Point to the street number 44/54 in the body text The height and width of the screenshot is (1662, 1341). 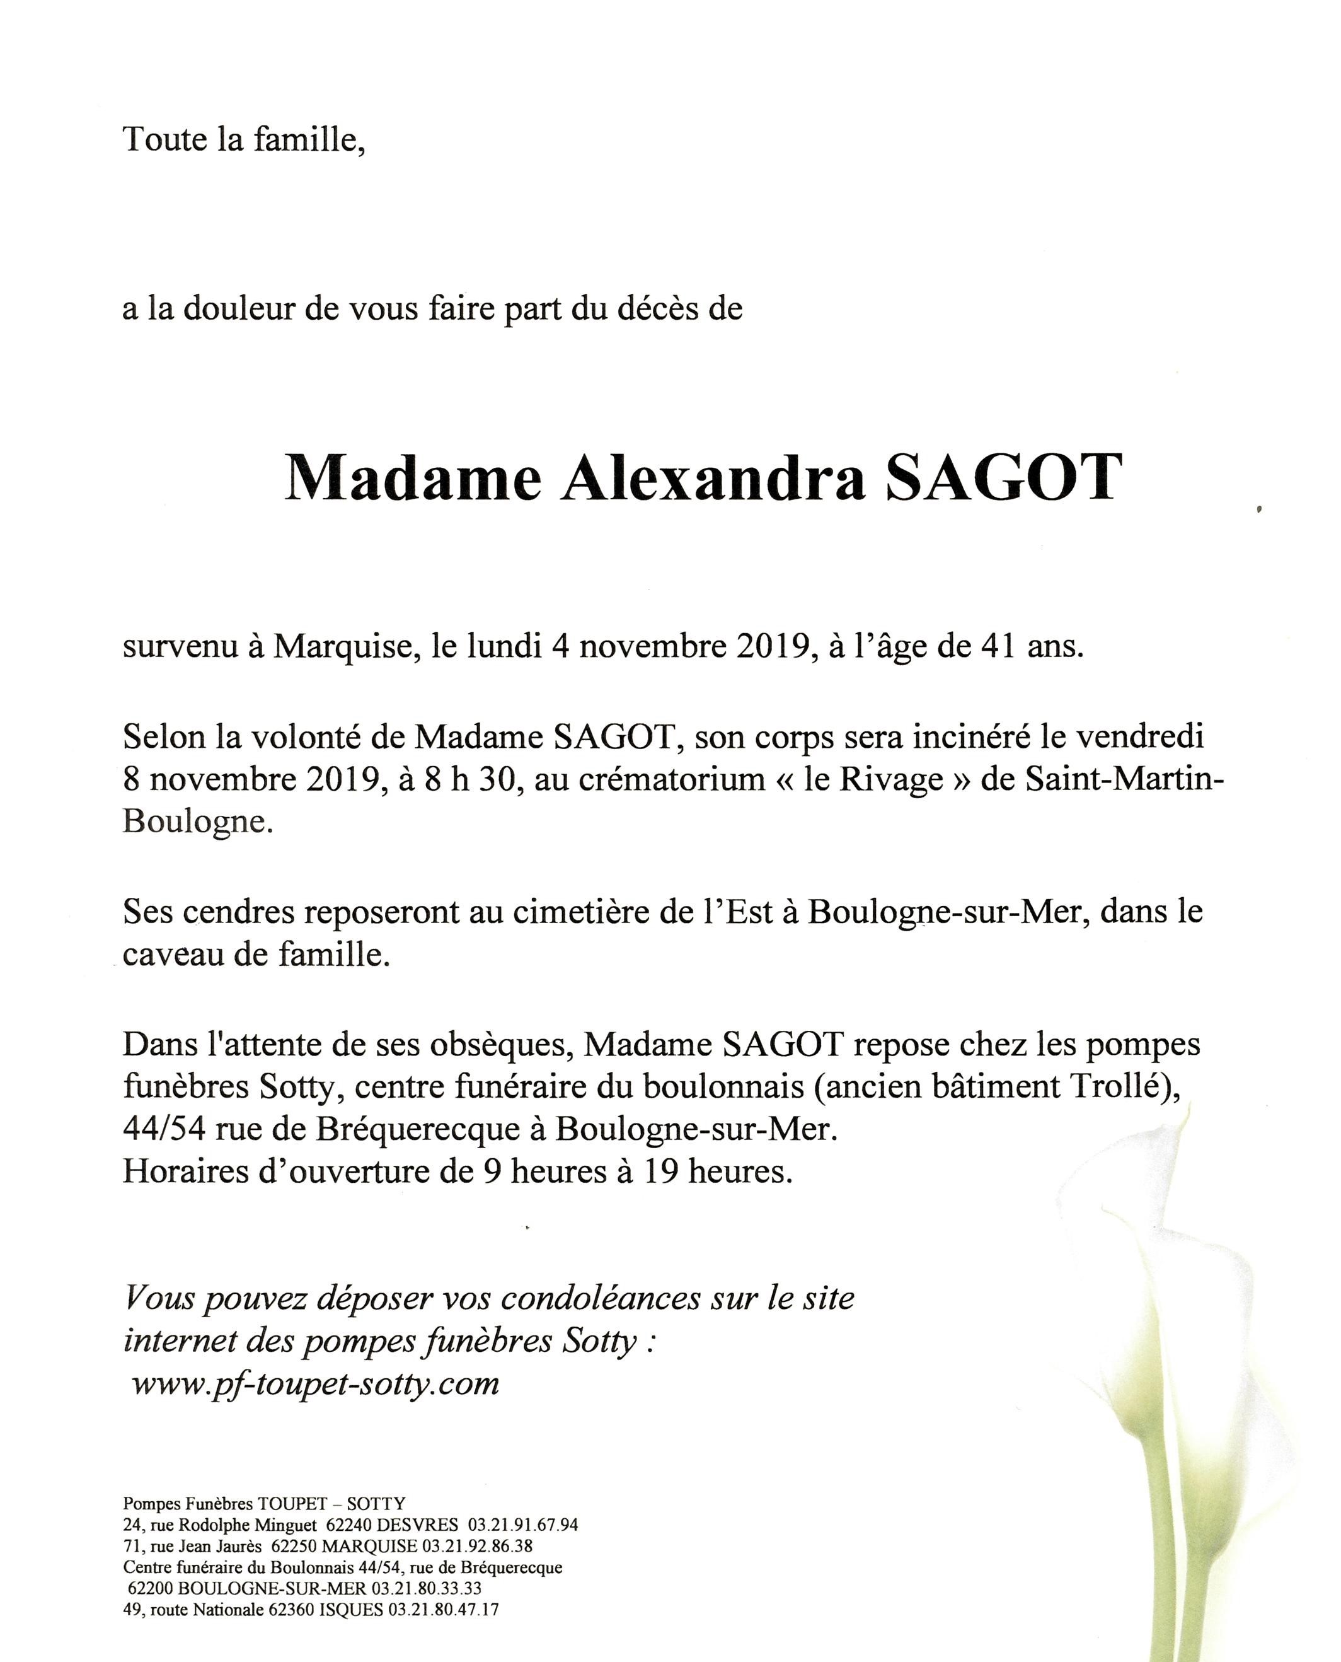[x=164, y=1130]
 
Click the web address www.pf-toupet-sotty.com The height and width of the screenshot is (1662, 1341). [x=315, y=1383]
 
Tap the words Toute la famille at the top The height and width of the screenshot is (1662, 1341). [x=243, y=139]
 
